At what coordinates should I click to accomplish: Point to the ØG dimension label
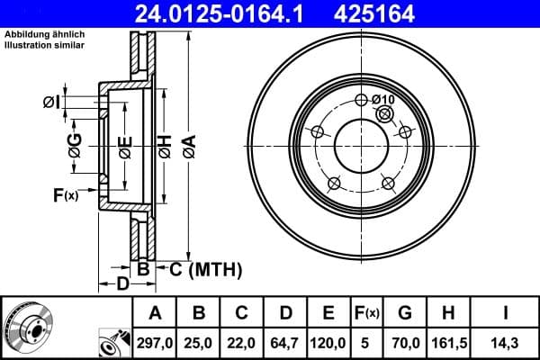pos(75,144)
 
